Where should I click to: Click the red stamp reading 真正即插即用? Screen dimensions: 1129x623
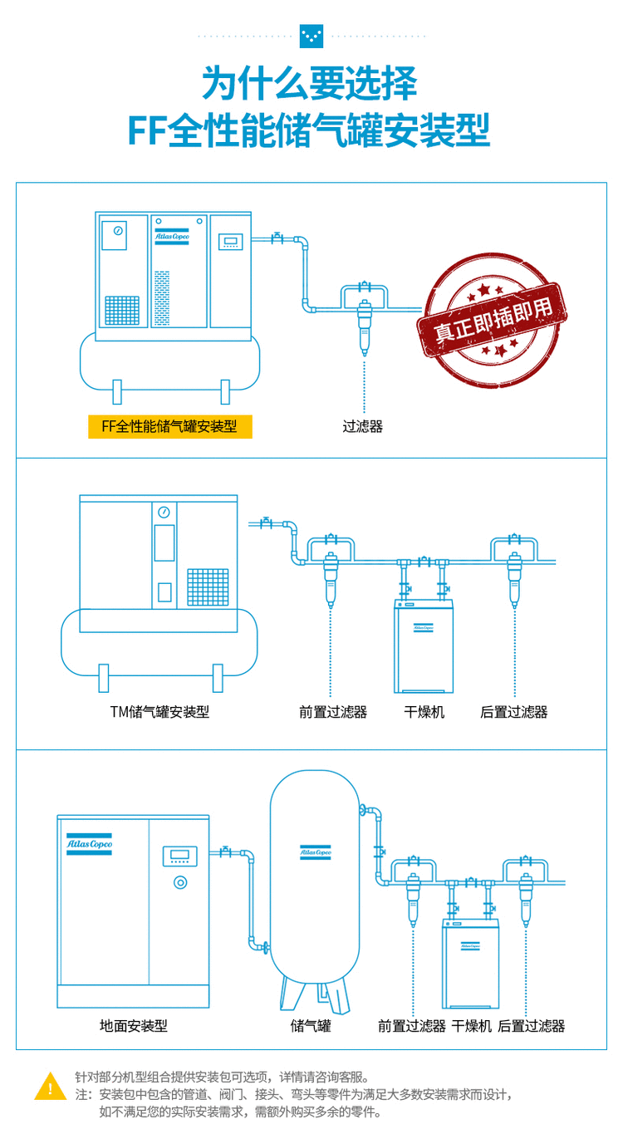pos(493,321)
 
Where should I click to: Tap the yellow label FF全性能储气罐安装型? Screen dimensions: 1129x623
pos(169,427)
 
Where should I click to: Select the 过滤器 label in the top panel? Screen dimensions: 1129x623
pos(363,427)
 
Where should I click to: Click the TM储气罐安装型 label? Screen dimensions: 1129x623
pos(159,712)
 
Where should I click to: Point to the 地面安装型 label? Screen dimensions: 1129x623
pos(134,1026)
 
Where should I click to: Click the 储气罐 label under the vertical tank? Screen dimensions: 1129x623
pos(311,1026)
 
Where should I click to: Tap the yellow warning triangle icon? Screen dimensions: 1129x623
pos(51,1086)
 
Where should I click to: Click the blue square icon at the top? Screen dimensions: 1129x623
pos(311,36)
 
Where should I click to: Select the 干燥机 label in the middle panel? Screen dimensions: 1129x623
pos(424,712)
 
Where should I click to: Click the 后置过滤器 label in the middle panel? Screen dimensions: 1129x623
pos(514,712)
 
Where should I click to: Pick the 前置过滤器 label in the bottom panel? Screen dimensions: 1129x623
pos(412,1026)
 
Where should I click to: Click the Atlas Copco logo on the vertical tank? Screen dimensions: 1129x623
pos(316,852)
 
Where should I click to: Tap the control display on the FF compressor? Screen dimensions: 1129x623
pos(229,242)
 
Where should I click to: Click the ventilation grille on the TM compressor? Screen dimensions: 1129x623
pos(208,587)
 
